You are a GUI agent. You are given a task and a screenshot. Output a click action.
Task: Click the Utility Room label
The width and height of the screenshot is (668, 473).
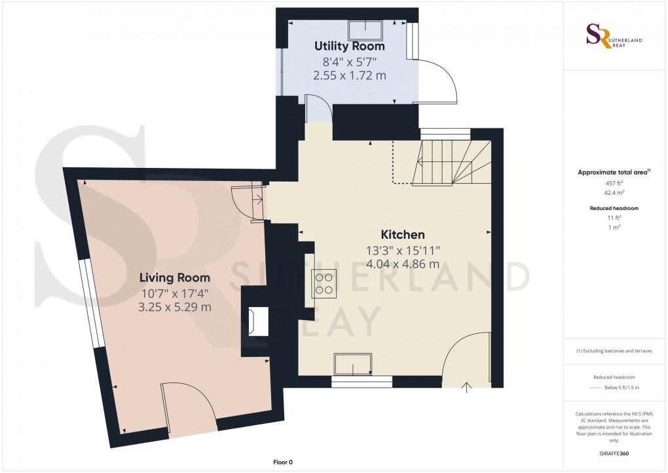(x=349, y=46)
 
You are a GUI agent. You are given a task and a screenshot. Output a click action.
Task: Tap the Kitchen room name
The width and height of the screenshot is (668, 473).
(x=403, y=234)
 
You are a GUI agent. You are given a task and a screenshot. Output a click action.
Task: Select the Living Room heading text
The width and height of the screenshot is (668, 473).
(x=175, y=278)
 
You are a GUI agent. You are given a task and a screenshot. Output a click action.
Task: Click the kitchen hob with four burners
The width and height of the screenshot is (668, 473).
(x=324, y=283)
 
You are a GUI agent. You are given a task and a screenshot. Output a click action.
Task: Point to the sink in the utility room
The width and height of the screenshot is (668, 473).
(x=365, y=30)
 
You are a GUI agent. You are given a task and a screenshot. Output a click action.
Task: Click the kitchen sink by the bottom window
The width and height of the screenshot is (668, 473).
(x=353, y=364)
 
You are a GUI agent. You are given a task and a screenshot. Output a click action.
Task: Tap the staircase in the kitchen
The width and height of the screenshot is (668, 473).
(x=452, y=163)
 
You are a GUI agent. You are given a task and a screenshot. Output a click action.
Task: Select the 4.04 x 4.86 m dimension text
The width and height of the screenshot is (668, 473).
(x=403, y=264)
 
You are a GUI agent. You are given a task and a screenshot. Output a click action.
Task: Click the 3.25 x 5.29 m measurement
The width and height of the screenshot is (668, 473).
(x=175, y=307)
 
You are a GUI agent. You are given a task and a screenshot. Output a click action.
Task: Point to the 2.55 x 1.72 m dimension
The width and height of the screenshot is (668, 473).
(x=349, y=75)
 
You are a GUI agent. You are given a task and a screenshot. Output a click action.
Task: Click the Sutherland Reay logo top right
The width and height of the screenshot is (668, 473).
(x=614, y=36)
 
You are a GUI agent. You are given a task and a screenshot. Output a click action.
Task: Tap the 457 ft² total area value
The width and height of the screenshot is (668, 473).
(x=614, y=183)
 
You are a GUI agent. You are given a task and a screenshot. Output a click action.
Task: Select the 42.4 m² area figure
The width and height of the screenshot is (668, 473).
(x=614, y=192)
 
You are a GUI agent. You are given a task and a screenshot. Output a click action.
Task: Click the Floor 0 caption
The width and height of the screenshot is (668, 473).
(x=283, y=462)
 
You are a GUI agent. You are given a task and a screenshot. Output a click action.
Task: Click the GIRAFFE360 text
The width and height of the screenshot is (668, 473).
(x=614, y=453)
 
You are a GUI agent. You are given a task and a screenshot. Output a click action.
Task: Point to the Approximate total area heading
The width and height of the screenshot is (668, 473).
(x=614, y=173)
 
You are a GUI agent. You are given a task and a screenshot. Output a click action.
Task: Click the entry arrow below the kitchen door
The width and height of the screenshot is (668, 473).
(x=467, y=387)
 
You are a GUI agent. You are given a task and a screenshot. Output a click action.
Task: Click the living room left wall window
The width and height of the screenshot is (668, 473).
(x=92, y=303)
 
